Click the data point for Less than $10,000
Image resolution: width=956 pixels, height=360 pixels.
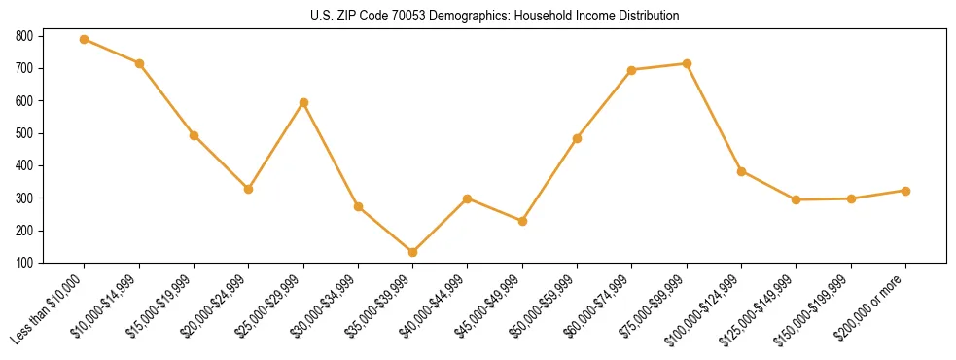click(85, 40)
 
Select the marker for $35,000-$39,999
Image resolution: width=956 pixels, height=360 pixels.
click(413, 252)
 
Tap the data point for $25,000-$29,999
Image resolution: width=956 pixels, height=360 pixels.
click(303, 102)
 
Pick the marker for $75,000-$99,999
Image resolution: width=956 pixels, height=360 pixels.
click(687, 63)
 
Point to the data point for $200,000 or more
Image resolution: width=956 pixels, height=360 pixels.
click(905, 191)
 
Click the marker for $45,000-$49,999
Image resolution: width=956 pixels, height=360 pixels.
click(522, 221)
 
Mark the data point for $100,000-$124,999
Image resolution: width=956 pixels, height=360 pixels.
click(741, 171)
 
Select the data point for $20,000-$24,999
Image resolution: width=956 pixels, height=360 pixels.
click(249, 189)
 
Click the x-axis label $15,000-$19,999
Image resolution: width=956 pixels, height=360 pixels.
click(161, 305)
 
